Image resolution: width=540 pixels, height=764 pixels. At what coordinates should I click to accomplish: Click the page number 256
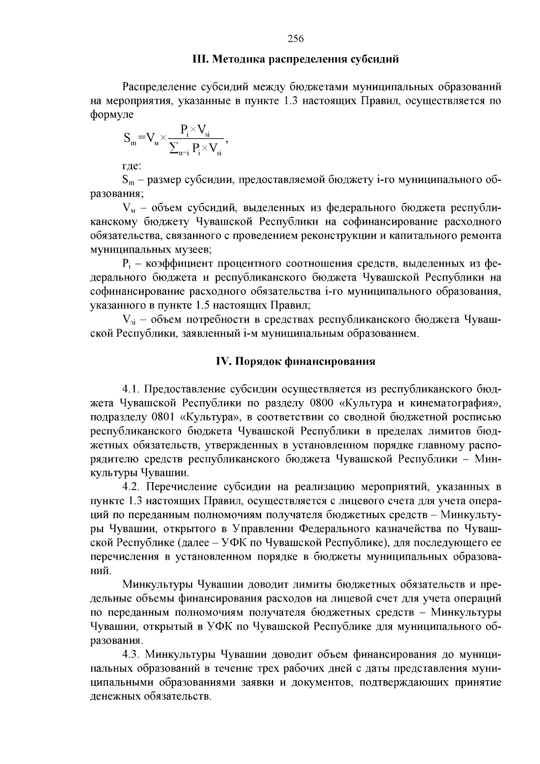point(296,39)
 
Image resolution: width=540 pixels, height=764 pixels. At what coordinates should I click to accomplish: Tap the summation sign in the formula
point(173,149)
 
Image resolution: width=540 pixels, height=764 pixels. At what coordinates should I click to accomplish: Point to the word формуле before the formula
point(112,114)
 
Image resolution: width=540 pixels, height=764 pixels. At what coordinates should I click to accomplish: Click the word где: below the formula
point(132,166)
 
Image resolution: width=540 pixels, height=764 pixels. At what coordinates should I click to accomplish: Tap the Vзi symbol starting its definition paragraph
point(129,320)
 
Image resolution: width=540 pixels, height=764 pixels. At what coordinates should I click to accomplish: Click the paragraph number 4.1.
point(131,389)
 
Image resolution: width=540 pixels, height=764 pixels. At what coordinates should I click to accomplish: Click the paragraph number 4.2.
point(132,487)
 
